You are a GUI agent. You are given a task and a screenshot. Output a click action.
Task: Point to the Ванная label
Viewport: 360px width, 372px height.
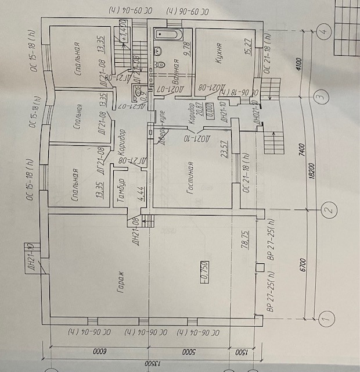[x=175, y=73]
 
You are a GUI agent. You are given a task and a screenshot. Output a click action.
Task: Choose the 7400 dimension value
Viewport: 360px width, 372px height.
[x=301, y=152]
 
